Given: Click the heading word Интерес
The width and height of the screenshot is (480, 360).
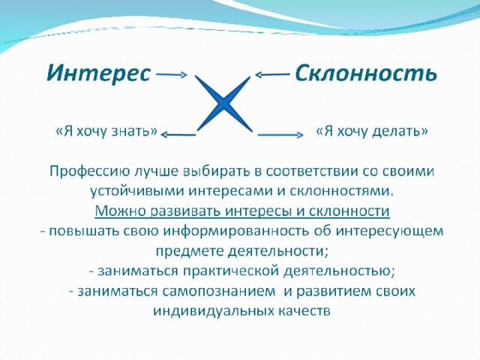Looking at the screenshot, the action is point(99,73).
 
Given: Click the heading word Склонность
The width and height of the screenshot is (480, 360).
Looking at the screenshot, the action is point(366,73).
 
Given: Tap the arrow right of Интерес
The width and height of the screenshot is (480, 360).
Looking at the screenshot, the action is point(172,74).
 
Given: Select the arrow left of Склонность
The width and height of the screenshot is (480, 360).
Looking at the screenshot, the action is point(272,74).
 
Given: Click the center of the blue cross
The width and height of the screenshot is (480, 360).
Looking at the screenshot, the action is point(223,103).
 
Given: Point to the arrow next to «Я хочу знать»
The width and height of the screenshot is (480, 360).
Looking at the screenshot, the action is point(178,134).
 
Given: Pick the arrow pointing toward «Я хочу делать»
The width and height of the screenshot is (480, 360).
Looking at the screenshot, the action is point(280,134).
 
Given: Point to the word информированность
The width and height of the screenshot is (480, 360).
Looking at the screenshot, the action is point(235,231).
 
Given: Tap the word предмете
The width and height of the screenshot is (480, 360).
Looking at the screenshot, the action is point(190,251).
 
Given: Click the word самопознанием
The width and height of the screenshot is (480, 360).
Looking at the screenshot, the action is point(219,291).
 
